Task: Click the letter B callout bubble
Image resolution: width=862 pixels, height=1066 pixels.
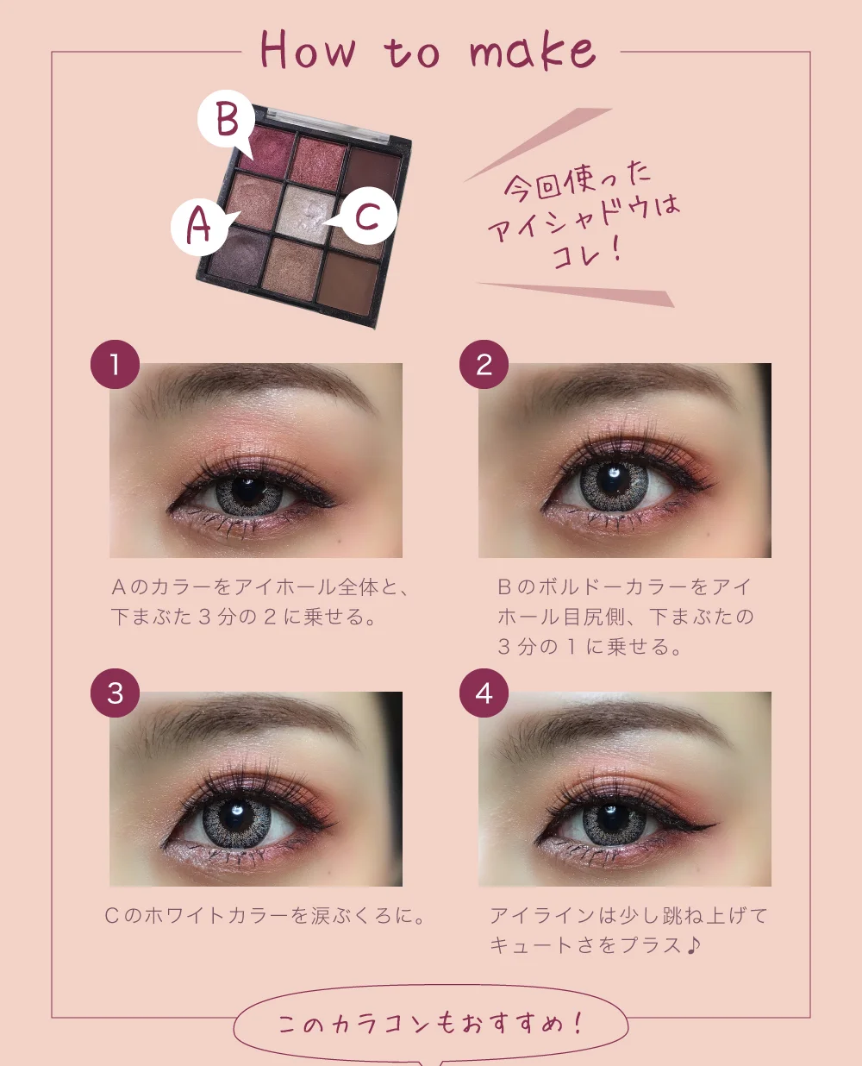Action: click(226, 119)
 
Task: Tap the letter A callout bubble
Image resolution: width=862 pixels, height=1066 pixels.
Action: click(199, 227)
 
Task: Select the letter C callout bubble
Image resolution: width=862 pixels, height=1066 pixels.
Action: click(369, 216)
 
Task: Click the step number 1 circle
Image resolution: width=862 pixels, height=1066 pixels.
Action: click(115, 364)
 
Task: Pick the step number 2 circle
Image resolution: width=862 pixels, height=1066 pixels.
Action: click(484, 364)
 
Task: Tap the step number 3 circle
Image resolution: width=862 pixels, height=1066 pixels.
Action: click(115, 693)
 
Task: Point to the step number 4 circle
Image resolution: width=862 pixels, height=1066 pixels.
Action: click(484, 693)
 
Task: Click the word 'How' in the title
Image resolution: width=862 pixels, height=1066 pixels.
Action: click(309, 50)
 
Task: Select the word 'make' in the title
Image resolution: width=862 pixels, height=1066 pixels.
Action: click(534, 50)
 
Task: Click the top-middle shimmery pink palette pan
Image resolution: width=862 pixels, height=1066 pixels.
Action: click(319, 161)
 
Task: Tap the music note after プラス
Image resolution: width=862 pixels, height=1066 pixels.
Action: click(692, 945)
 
